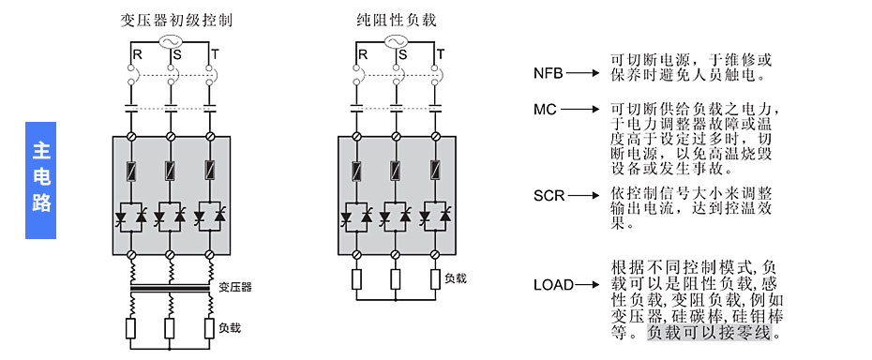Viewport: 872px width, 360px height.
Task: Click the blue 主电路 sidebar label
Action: pyautogui.click(x=40, y=179)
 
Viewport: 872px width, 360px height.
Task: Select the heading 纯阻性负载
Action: pyautogui.click(x=396, y=20)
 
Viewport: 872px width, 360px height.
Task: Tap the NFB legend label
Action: pyautogui.click(x=549, y=73)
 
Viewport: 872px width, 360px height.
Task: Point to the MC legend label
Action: pyautogui.click(x=546, y=110)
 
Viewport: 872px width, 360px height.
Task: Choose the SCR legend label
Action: pyautogui.click(x=549, y=196)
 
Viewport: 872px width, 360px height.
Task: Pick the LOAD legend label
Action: pyautogui.click(x=553, y=284)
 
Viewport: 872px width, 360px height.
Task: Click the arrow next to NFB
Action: pyautogui.click(x=583, y=73)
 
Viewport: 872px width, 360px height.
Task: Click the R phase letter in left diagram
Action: pyautogui.click(x=137, y=55)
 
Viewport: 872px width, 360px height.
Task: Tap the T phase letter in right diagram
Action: pyautogui.click(x=439, y=55)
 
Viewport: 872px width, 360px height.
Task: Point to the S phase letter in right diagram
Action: pyautogui.click(x=401, y=55)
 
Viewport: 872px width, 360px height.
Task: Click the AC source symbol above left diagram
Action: pyautogui.click(x=171, y=42)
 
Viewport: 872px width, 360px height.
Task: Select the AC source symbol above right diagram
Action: pyautogui.click(x=396, y=42)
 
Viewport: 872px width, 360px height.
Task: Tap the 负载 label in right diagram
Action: pyautogui.click(x=456, y=277)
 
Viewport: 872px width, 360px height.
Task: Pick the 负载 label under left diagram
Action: pyautogui.click(x=230, y=328)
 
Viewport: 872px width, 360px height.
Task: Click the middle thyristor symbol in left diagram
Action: pyautogui.click(x=171, y=216)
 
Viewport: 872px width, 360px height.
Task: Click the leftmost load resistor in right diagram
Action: pyautogui.click(x=357, y=279)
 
